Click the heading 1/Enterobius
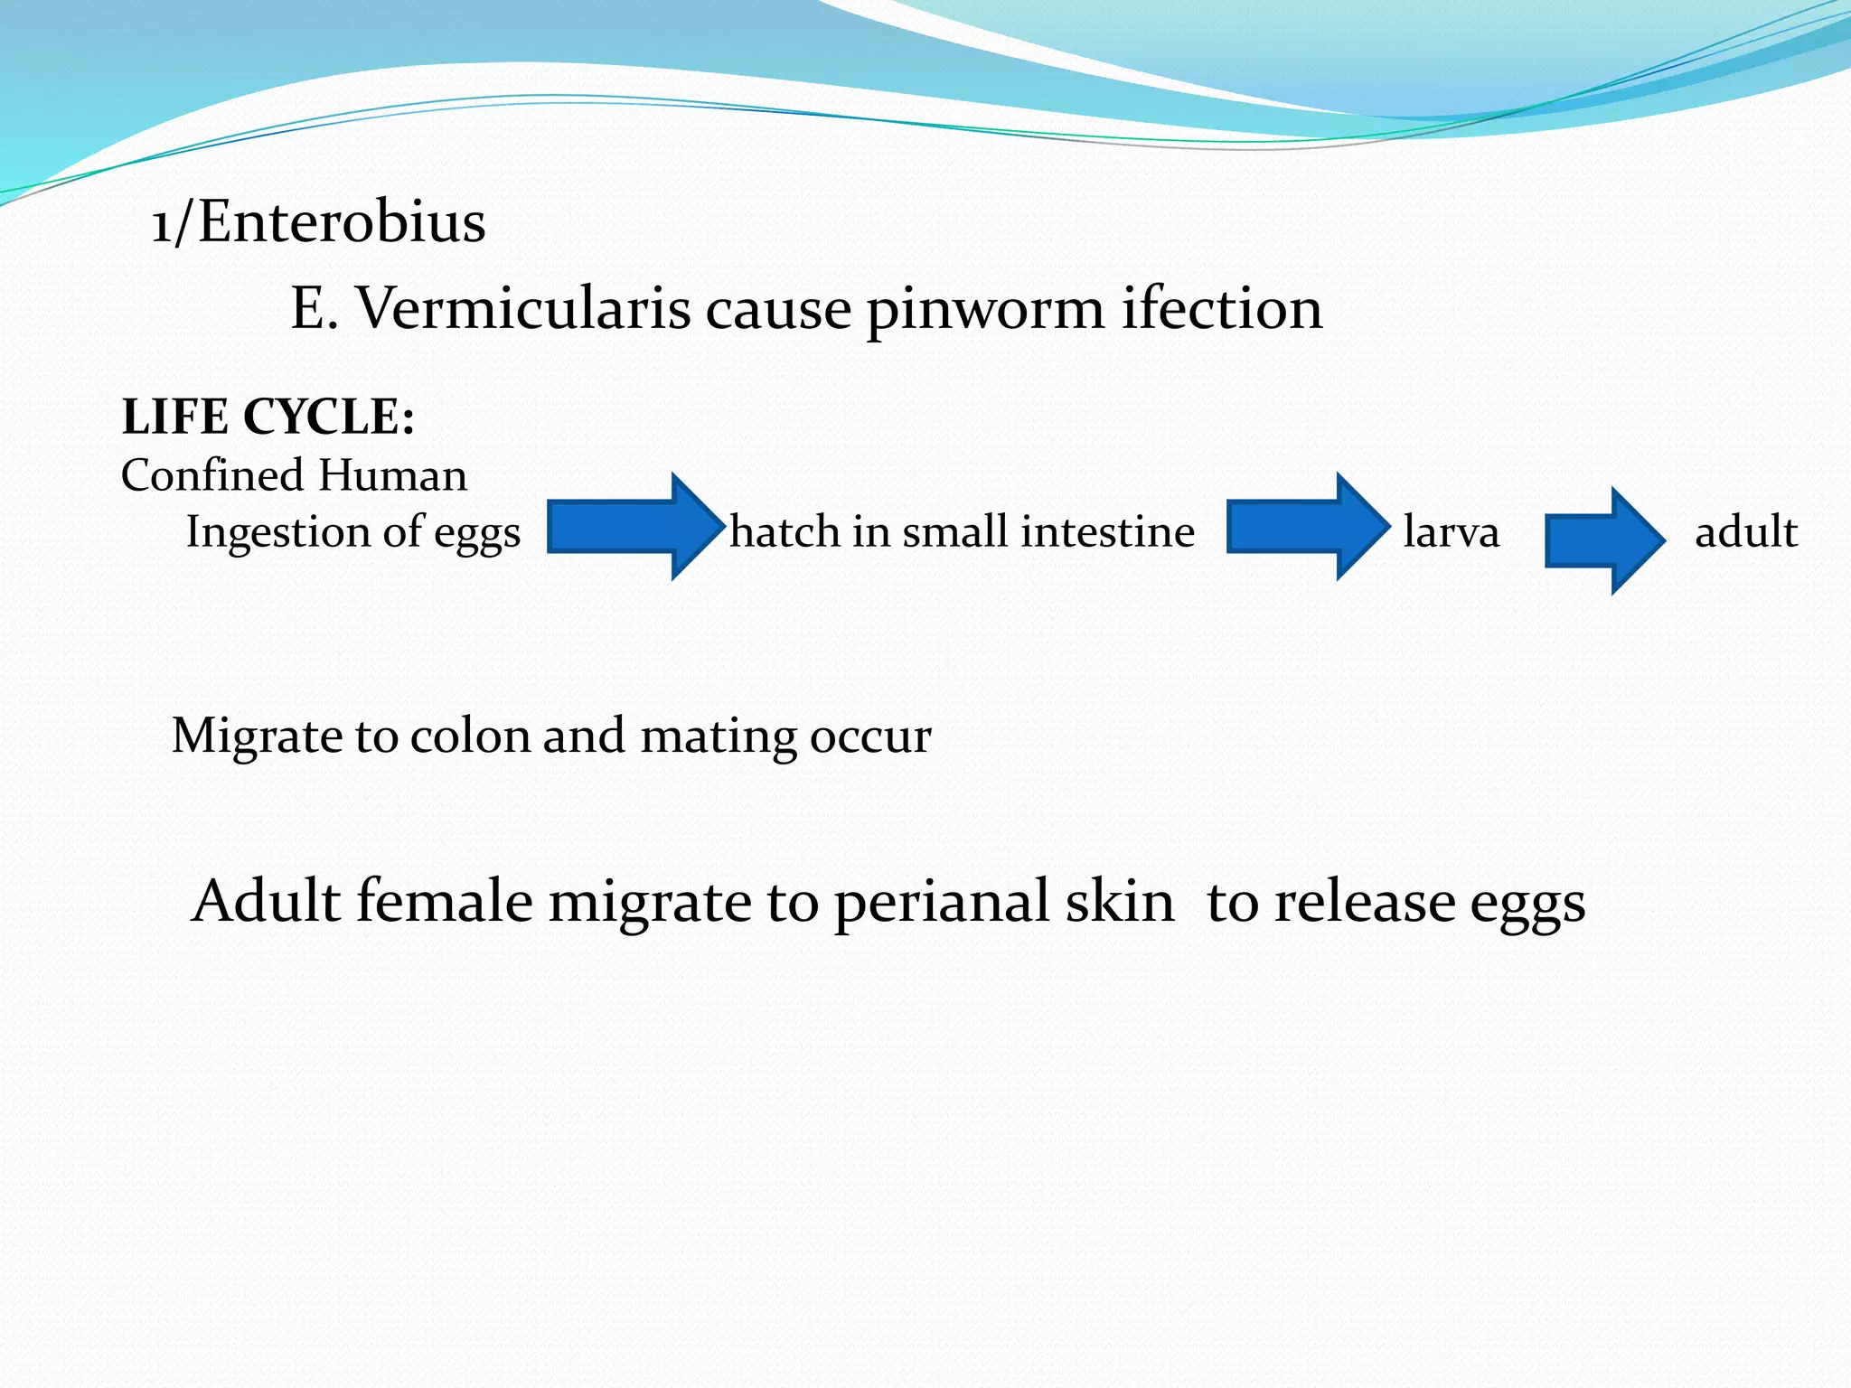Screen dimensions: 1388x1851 (318, 222)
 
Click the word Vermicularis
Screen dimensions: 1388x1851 (524, 309)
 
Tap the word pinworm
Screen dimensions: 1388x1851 (984, 309)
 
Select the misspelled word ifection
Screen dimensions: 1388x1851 (1222, 309)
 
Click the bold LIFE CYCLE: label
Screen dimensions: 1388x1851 (268, 417)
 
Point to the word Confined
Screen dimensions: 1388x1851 (212, 475)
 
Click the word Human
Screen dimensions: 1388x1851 (392, 475)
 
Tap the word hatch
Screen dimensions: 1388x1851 (785, 532)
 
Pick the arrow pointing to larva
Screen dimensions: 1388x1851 (1306, 527)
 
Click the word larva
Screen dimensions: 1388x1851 (1451, 532)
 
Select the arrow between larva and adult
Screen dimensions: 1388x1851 (1604, 540)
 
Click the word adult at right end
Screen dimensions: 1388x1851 (1745, 532)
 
